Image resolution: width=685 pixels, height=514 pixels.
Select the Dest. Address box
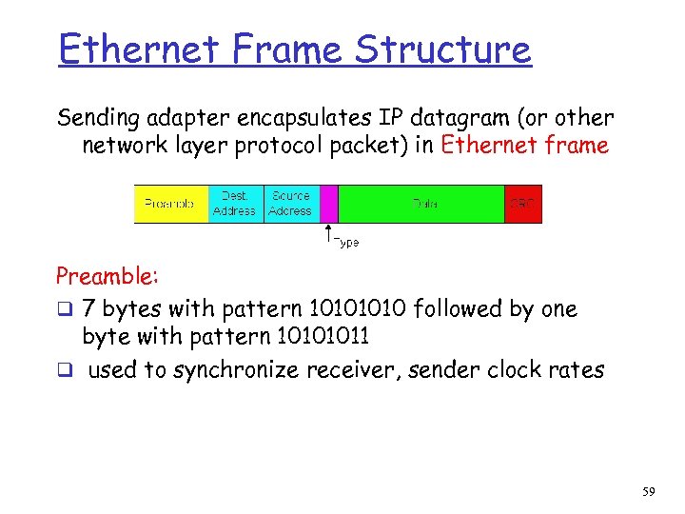[x=234, y=204]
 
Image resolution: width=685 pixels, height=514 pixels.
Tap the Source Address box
[x=290, y=204]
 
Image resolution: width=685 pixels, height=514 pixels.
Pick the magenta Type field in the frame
[x=329, y=204]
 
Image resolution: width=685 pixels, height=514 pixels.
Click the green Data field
[x=421, y=204]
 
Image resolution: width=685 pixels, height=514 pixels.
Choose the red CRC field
[x=522, y=204]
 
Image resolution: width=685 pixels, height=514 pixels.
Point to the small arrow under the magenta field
[x=328, y=234]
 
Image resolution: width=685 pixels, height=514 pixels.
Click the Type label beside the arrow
[x=347, y=243]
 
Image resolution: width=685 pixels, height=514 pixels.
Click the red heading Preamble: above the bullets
[x=108, y=277]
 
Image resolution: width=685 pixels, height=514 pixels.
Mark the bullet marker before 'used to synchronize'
[x=64, y=370]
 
